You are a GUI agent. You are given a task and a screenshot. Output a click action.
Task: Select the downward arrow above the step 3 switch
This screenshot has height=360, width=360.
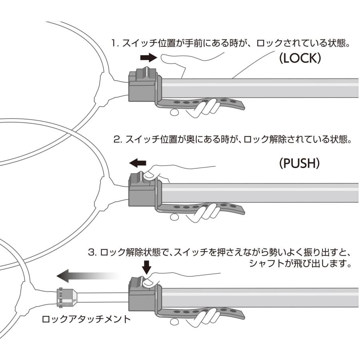tap(147, 266)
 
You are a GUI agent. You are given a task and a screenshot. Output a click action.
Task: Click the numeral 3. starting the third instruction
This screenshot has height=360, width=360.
tap(92, 253)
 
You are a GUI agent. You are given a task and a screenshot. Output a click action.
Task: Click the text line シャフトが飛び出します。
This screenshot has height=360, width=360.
tap(300, 264)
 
